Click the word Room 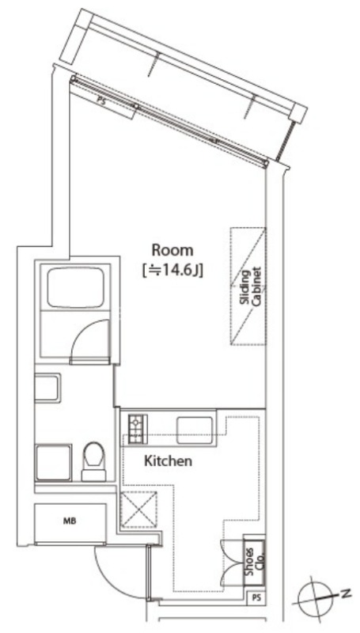point(172,250)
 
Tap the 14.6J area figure point(172,269)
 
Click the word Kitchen point(168,461)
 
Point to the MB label point(70,521)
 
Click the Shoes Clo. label point(254,562)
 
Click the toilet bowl point(93,461)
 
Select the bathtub point(75,288)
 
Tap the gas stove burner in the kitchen point(136,428)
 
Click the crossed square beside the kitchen point(138,510)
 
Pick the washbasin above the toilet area point(47,388)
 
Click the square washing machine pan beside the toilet point(54,463)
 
